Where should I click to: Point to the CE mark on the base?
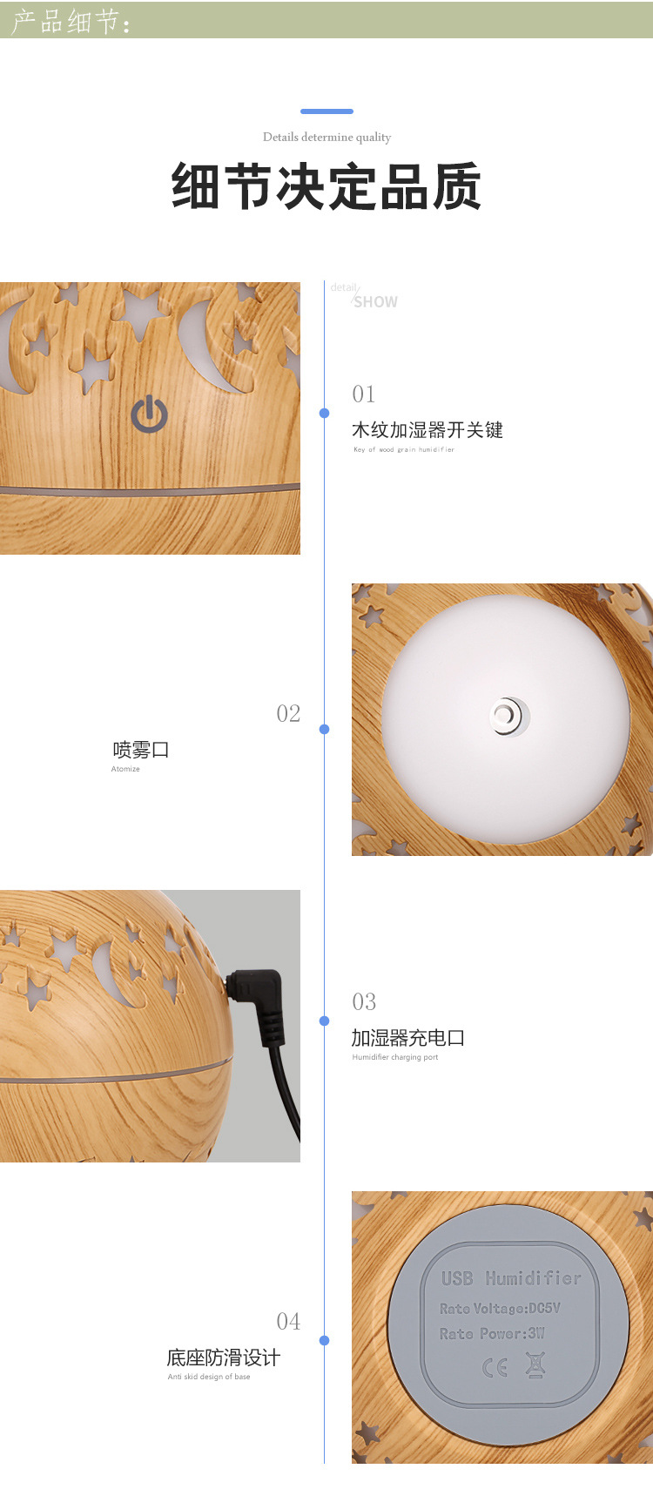495,1368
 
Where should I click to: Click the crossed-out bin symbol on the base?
535,1364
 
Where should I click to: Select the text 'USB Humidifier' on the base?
511,1278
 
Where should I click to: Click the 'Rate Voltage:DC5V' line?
500,1308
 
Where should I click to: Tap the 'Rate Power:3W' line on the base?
492,1333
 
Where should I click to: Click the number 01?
364,394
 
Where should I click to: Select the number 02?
288,714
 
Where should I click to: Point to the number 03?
364,1002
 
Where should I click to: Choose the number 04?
288,1322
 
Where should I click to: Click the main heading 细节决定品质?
326,186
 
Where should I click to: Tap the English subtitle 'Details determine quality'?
326,137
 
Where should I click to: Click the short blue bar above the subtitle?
326,111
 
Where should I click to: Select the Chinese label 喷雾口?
141,750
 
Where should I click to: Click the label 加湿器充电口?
408,1038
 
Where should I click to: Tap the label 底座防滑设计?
224,1358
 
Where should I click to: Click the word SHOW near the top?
375,302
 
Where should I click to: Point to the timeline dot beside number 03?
325,1021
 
